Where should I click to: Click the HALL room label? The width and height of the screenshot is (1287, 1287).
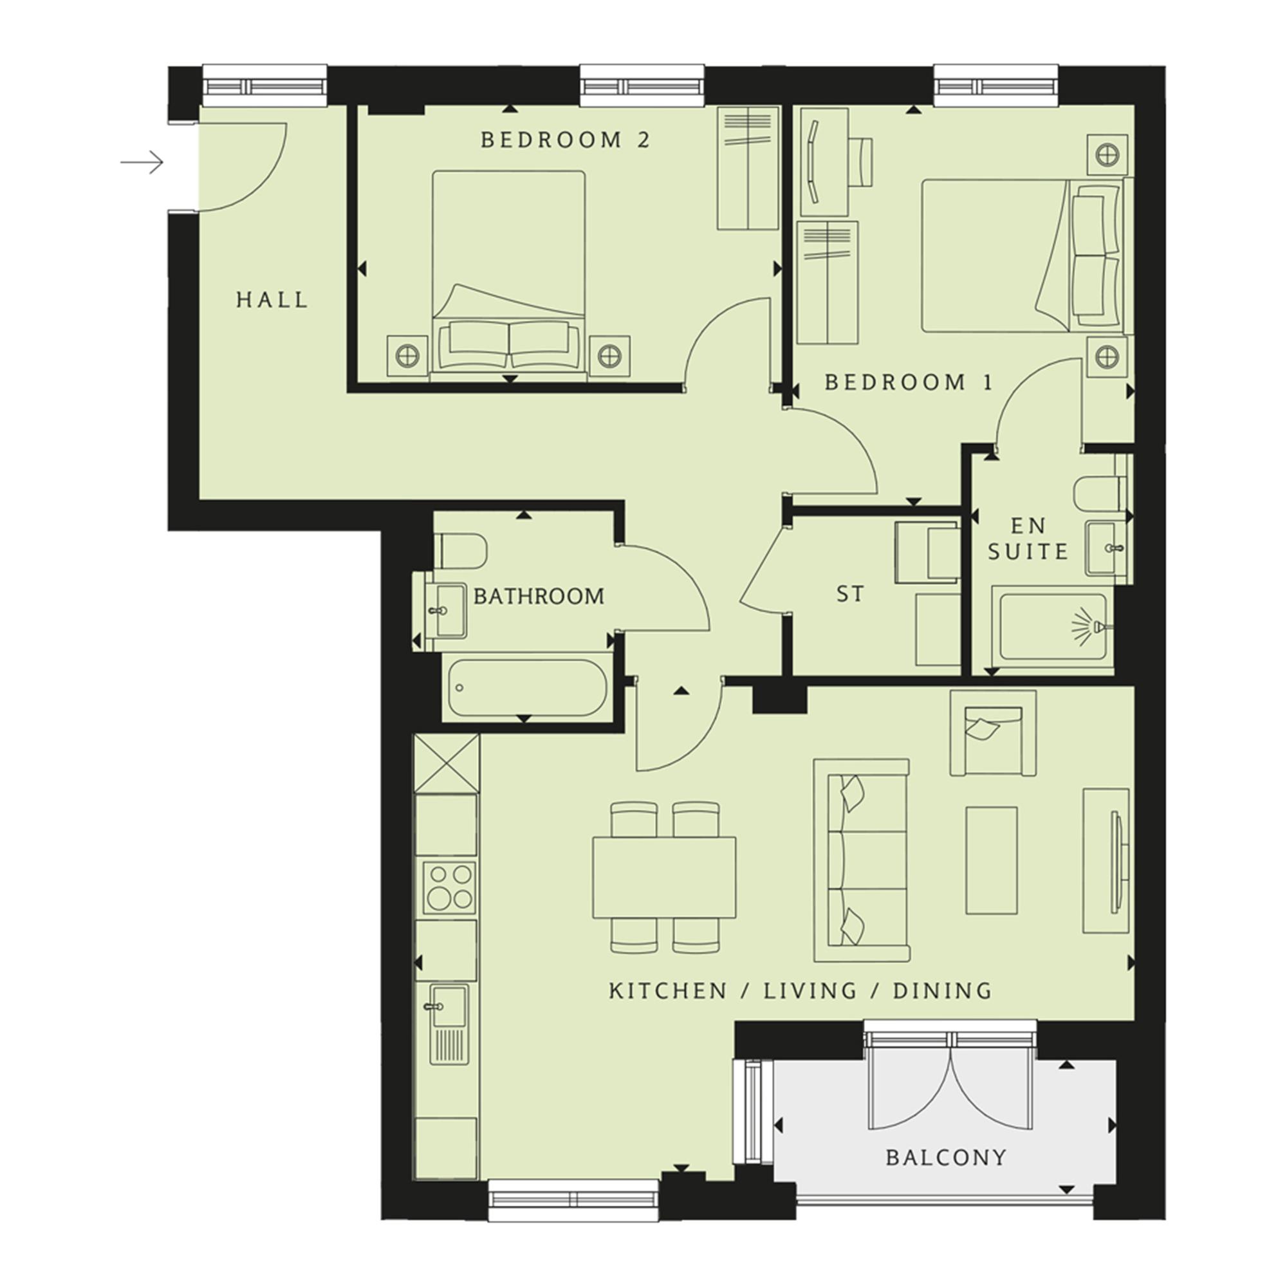tap(272, 300)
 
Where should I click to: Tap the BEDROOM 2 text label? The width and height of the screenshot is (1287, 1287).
tap(565, 140)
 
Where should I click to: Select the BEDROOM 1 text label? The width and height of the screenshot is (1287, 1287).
tap(909, 382)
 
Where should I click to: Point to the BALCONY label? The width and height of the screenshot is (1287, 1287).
tap(946, 1157)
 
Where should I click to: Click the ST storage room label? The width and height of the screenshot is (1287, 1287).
tap(850, 593)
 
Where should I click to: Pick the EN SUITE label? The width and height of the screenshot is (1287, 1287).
tap(1028, 538)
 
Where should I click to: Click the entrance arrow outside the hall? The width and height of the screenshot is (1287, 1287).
tap(141, 162)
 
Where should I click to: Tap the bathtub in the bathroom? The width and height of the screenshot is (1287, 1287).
tap(527, 688)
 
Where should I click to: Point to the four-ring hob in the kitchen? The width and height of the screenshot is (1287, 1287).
tap(449, 888)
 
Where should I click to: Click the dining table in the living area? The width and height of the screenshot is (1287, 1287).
tap(664, 877)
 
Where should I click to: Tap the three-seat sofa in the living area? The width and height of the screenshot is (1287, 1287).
tap(862, 860)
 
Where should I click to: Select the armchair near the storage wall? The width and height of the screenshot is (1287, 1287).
tap(992, 733)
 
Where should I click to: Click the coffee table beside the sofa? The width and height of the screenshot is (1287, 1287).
tap(991, 860)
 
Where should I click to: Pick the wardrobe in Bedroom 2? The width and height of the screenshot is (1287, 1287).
tap(747, 168)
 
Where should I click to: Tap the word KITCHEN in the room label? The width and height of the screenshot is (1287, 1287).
tap(667, 990)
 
